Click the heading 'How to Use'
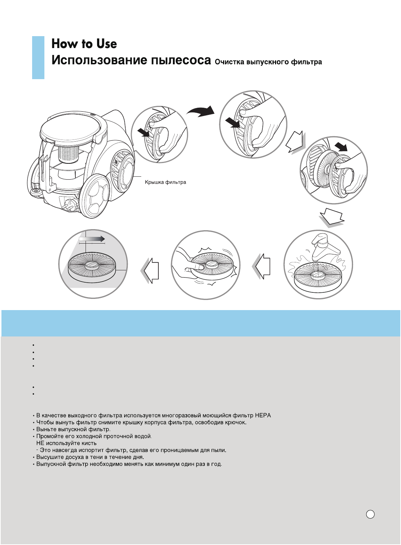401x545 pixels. point(84,44)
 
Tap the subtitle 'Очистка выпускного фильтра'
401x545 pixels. point(268,62)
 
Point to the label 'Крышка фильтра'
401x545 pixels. point(165,182)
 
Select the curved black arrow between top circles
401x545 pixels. point(201,111)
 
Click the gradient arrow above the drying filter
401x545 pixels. point(92,239)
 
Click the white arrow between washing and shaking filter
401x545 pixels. point(262,266)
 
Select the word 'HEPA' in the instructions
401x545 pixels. point(262,416)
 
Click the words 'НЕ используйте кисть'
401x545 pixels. point(66,443)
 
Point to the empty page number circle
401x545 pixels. point(370,515)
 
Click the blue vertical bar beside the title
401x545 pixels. point(38,57)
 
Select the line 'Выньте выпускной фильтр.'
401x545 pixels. point(73,429)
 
